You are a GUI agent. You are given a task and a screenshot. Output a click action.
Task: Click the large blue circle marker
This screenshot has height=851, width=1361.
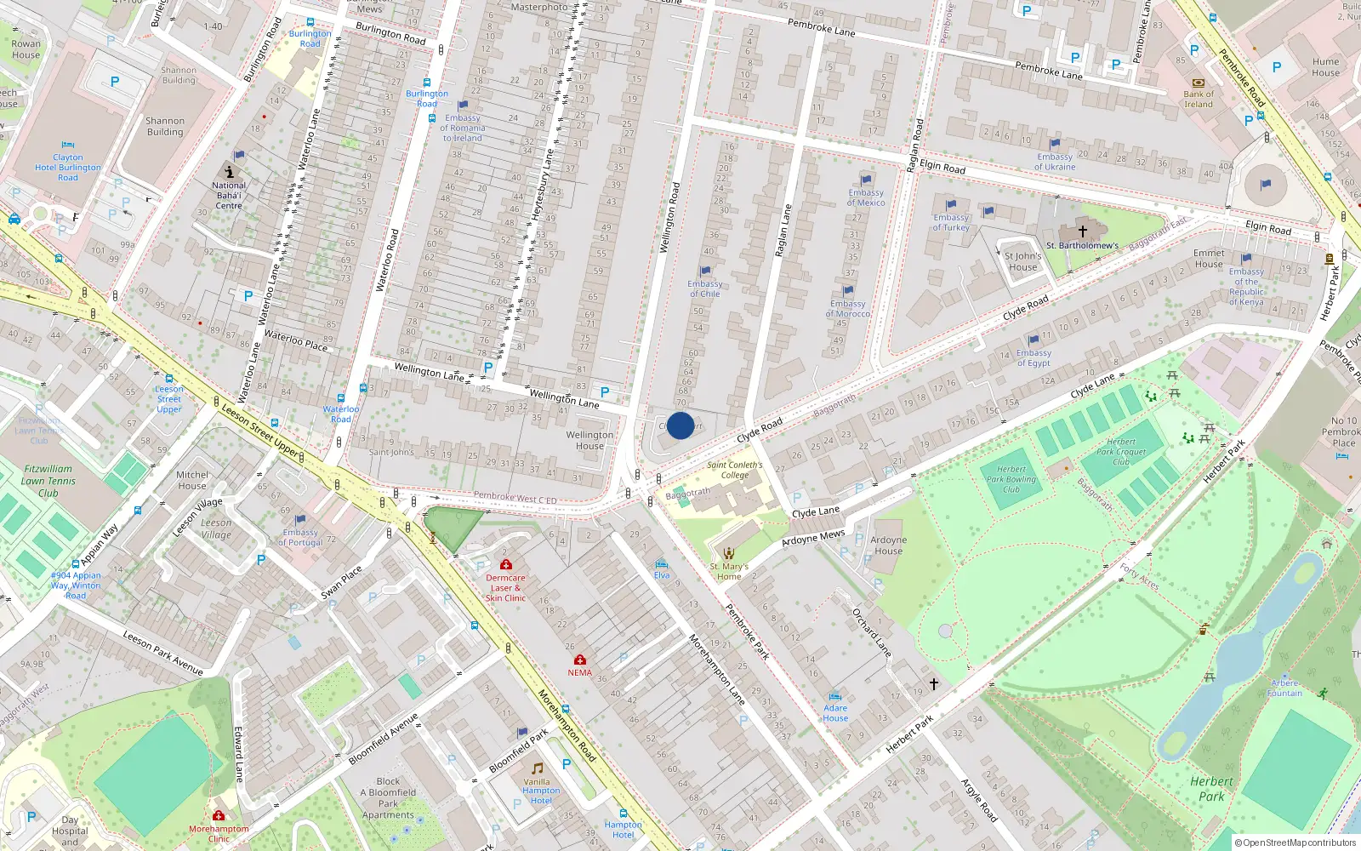[x=680, y=425]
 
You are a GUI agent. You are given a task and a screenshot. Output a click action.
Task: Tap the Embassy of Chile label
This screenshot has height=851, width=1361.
[x=704, y=289]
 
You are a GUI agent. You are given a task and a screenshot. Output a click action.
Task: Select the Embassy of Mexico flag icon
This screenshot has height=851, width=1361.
[x=866, y=180]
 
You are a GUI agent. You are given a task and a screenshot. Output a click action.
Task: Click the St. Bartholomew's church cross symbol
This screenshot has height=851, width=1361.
[x=1083, y=231]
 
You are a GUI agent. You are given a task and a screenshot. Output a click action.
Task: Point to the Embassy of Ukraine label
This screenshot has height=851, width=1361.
[x=1055, y=162]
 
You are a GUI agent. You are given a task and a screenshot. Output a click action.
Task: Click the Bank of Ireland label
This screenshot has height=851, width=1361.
[x=1199, y=100]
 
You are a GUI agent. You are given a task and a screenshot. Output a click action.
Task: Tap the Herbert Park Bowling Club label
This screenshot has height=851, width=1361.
[x=1011, y=479]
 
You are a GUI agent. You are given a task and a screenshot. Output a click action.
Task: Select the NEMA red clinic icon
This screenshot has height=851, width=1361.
[x=580, y=660]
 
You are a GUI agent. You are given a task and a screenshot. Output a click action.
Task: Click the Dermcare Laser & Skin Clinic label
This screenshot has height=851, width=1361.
[x=505, y=588]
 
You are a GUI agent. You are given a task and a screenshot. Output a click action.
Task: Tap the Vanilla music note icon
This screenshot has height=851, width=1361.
[x=537, y=768]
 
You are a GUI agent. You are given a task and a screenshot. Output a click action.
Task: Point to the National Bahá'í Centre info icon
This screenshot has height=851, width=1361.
[x=229, y=171]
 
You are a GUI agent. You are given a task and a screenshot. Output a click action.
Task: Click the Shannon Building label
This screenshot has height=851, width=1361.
[x=165, y=126]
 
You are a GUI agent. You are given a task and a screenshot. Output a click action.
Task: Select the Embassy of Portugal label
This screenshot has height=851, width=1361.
[x=300, y=538]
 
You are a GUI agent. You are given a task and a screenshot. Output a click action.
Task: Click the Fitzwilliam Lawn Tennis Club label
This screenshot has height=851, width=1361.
[x=48, y=481]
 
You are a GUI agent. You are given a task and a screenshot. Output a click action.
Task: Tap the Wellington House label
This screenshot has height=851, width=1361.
[x=589, y=440]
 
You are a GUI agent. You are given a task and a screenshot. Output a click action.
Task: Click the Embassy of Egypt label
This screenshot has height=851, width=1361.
[x=1034, y=358]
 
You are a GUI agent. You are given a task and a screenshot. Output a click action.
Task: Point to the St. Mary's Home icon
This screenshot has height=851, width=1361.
[x=728, y=553]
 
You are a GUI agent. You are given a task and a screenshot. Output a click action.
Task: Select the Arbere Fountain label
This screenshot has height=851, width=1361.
[x=1284, y=688]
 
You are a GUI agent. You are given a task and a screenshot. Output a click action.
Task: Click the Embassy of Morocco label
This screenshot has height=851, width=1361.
[x=847, y=309]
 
